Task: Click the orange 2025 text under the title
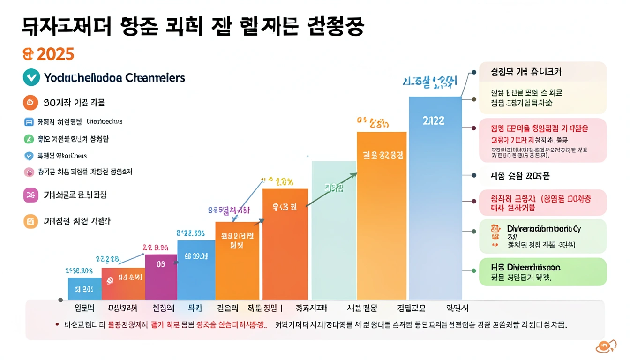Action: coord(49,54)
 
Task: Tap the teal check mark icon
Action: coord(31,77)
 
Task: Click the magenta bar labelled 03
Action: coord(161,277)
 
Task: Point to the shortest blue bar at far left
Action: coord(84,289)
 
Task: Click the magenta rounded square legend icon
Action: coord(30,195)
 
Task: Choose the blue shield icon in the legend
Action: coord(29,156)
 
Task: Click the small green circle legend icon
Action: coord(29,139)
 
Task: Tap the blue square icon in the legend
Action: coord(29,122)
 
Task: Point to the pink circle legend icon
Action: coord(29,172)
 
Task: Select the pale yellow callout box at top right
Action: coord(542,88)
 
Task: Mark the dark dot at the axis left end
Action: coord(60,300)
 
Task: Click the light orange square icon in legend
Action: coord(30,221)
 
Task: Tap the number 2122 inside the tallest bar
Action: coord(433,120)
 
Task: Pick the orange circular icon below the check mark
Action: coord(30,102)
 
